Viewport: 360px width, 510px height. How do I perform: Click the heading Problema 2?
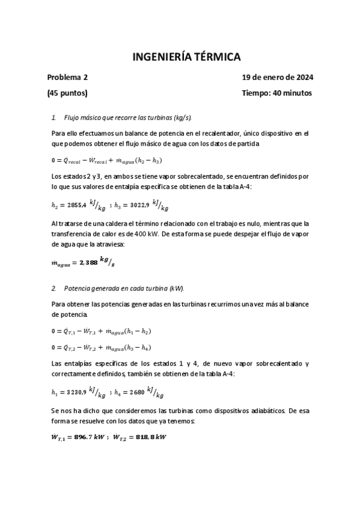coord(67,78)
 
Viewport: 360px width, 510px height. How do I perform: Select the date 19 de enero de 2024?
coord(277,78)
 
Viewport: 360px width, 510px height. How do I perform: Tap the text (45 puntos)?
coord(67,93)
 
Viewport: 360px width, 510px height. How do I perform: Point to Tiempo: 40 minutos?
coord(277,93)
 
